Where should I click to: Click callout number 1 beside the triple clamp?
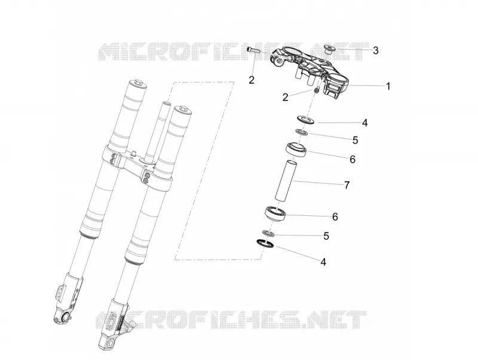tap(388, 86)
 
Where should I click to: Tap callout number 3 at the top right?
tap(376, 51)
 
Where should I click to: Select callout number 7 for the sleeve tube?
tap(347, 185)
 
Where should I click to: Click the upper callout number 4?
tap(364, 123)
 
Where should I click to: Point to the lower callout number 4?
tap(323, 262)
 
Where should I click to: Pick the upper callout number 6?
tap(353, 159)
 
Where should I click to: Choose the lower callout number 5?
tap(326, 236)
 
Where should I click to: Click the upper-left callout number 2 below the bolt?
tap(251, 80)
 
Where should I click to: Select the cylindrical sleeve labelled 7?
tap(285, 181)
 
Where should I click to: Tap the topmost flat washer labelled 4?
tap(305, 119)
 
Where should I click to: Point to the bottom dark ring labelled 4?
tap(265, 243)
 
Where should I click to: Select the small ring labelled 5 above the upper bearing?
tap(302, 132)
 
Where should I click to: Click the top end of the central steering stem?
tap(166, 103)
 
